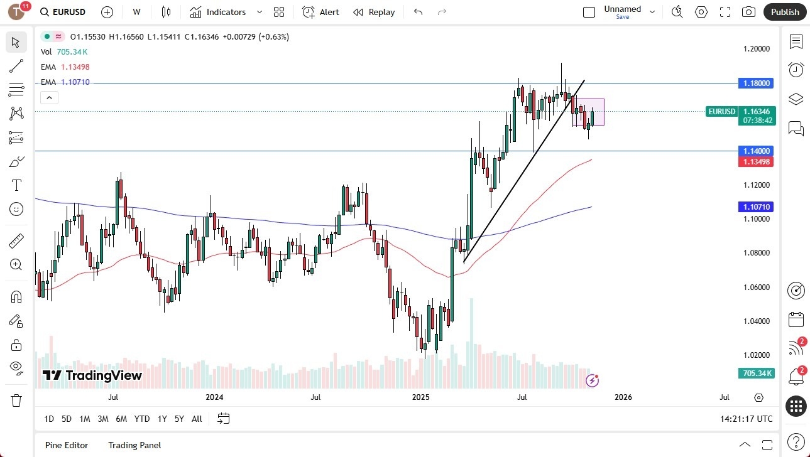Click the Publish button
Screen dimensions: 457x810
(x=785, y=12)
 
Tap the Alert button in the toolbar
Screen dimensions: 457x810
(x=321, y=12)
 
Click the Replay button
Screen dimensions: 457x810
(x=375, y=12)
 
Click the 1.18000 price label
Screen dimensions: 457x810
(x=757, y=83)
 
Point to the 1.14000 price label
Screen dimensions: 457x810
(x=757, y=151)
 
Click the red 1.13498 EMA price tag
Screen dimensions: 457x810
(x=757, y=161)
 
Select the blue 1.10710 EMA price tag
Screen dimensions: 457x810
(x=757, y=207)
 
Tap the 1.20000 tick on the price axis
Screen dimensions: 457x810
(x=757, y=49)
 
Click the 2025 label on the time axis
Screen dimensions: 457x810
(x=420, y=397)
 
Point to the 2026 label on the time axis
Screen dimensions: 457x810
(x=623, y=397)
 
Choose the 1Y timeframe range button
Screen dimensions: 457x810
(x=162, y=419)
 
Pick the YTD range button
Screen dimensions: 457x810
(x=142, y=419)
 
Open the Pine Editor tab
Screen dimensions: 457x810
(x=67, y=445)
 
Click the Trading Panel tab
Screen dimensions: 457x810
(x=134, y=445)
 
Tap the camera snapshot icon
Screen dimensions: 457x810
(x=748, y=12)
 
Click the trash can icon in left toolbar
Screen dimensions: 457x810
(x=16, y=400)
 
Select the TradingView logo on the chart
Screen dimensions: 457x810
(x=92, y=376)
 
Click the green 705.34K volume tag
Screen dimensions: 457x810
(x=757, y=374)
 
